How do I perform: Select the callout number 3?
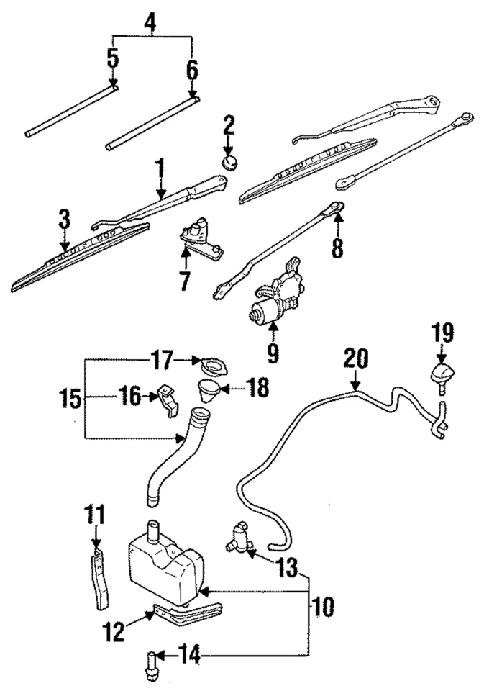point(64,219)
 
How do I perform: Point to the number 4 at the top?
point(150,22)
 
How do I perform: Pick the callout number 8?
point(337,248)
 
